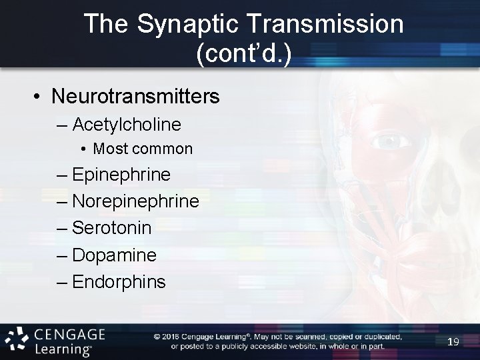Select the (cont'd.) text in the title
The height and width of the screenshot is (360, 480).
pyautogui.click(x=243, y=53)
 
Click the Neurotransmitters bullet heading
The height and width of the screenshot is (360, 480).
pyautogui.click(x=135, y=97)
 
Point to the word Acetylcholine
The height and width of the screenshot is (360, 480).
pyautogui.click(x=127, y=125)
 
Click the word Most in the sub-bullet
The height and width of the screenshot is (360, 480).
pyautogui.click(x=109, y=149)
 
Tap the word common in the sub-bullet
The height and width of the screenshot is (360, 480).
pyautogui.click(x=161, y=149)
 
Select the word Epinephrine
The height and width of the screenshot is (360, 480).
pyautogui.click(x=121, y=175)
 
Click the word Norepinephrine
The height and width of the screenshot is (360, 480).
pyautogui.click(x=135, y=201)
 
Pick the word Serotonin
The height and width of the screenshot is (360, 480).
pyautogui.click(x=112, y=228)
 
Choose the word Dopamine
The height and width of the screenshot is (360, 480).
pyautogui.click(x=114, y=255)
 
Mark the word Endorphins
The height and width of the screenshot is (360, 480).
pyautogui.click(x=119, y=282)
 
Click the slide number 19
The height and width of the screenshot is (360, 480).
pyautogui.click(x=453, y=342)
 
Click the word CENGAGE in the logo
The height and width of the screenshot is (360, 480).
pyautogui.click(x=69, y=333)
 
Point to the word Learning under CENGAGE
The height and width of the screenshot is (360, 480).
pyautogui.click(x=64, y=349)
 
